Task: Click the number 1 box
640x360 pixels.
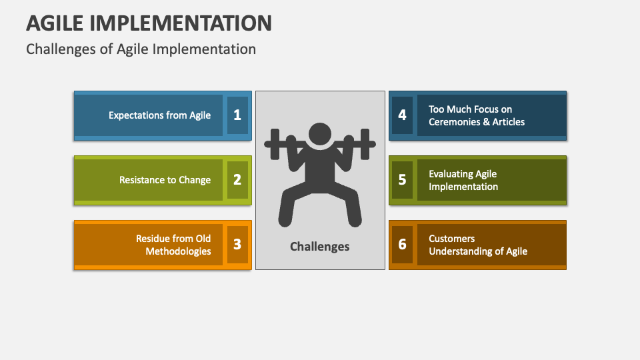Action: coord(237,115)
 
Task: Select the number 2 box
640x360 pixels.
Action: coord(237,180)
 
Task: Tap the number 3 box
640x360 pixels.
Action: coord(237,245)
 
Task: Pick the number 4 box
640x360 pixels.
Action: coord(402,115)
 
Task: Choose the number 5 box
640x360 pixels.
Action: coord(402,180)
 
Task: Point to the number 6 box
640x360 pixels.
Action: coord(402,245)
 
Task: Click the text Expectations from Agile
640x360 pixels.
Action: coord(159,115)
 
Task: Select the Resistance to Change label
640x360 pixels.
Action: coord(165,180)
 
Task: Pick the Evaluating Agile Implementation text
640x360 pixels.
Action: coord(463,180)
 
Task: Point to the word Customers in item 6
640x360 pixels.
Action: coord(451,239)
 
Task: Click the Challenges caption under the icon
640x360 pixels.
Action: coord(319,247)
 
